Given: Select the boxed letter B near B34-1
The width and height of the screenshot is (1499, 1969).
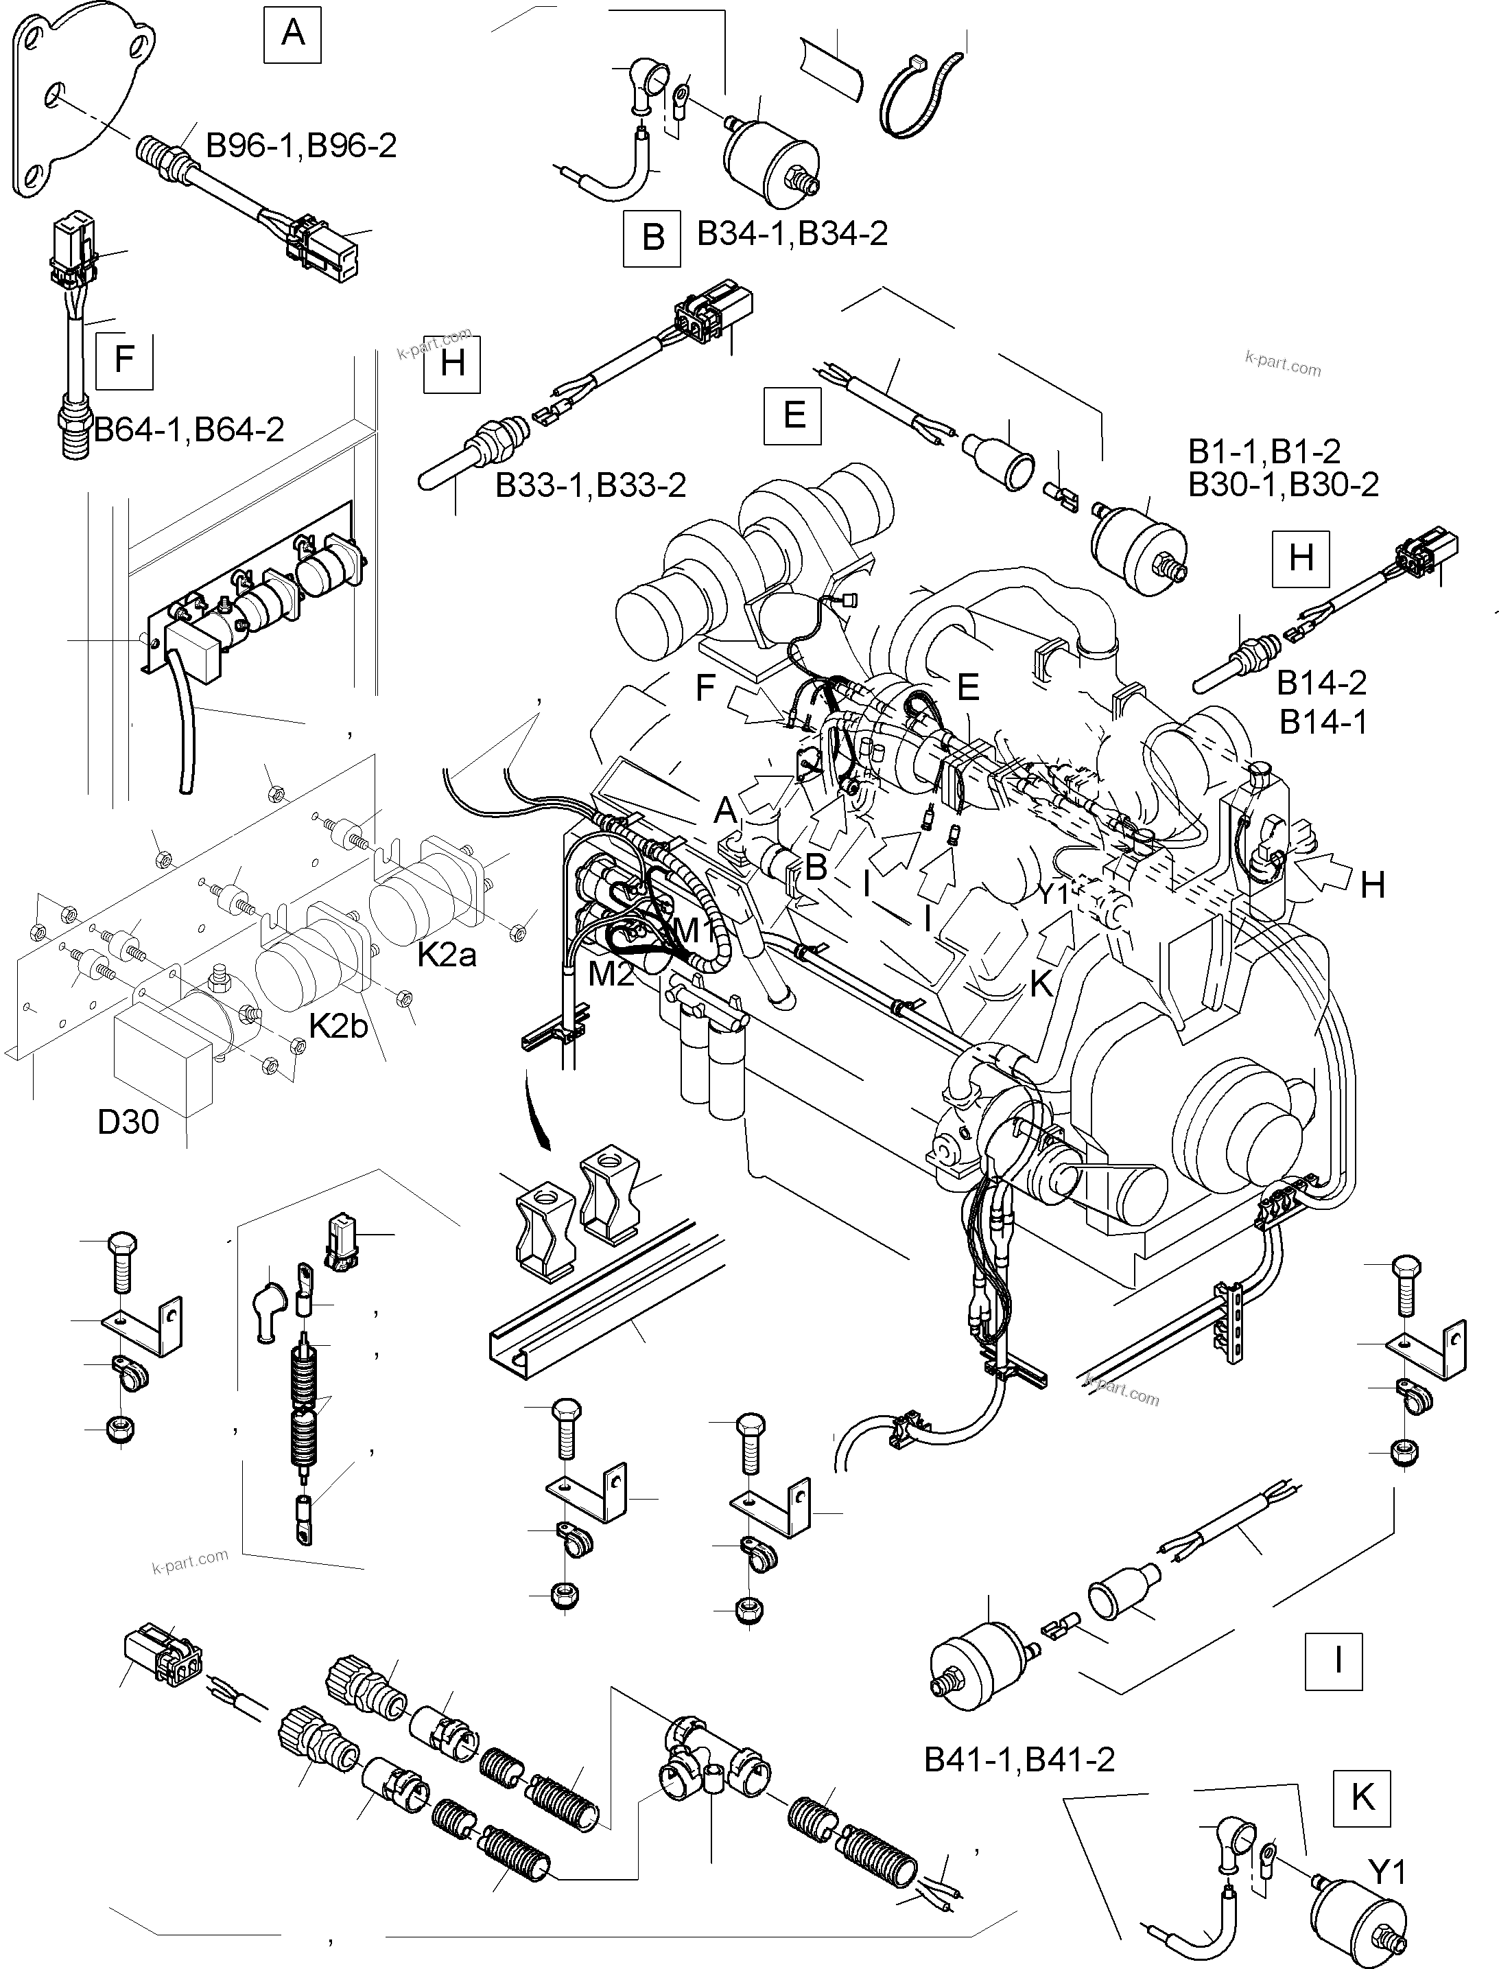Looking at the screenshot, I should (652, 238).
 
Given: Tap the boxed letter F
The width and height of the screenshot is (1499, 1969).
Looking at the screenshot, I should (124, 360).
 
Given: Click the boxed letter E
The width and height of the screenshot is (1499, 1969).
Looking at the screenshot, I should (793, 415).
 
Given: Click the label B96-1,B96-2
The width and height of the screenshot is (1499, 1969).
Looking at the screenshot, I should (302, 145).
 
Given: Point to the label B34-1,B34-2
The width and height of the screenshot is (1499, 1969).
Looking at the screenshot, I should (792, 234).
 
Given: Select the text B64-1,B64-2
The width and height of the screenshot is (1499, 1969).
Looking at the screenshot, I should (189, 430).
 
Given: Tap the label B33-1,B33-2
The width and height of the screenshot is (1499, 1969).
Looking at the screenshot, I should (591, 485).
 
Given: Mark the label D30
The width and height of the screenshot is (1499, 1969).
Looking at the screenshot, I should (128, 1122).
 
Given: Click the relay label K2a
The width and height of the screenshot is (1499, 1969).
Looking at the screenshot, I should (447, 955).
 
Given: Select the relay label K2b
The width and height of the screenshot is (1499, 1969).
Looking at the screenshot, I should (338, 1027).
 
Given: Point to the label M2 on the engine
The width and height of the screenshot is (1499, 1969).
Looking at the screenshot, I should (611, 974).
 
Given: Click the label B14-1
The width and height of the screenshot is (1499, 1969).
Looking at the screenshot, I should (1323, 721).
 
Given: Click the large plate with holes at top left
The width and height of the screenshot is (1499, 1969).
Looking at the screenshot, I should (80, 98).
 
